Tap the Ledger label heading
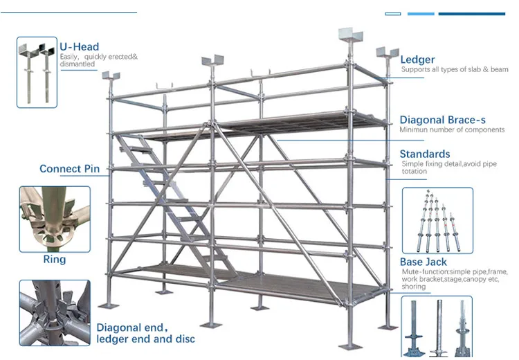point(417,60)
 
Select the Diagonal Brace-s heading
point(442,120)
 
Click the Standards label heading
point(425,154)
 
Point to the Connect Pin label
point(69,169)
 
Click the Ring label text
point(55,260)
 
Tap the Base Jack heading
point(424,262)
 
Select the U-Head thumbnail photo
point(37,72)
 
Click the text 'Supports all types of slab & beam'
point(454,70)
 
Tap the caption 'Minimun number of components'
point(452,130)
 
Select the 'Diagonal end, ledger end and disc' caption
point(145,333)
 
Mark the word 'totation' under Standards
point(415,171)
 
